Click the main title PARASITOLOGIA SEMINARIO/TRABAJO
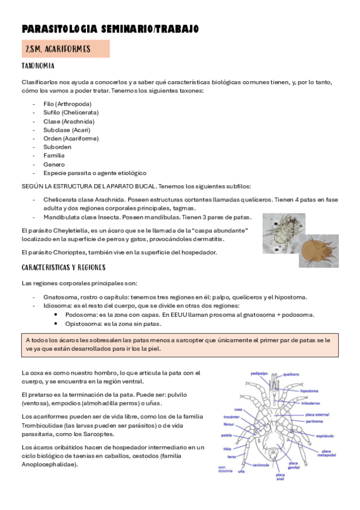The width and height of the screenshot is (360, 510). coord(109,29)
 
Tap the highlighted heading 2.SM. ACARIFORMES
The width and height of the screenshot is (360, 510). coord(58,49)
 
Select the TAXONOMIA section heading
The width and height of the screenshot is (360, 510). coord(38,66)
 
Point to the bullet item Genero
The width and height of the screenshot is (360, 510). coord(54,164)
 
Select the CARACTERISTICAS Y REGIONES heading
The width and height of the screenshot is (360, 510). coord(64,266)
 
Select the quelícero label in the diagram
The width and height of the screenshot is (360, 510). coord(291,373)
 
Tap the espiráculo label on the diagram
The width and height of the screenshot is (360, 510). coord(325,435)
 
